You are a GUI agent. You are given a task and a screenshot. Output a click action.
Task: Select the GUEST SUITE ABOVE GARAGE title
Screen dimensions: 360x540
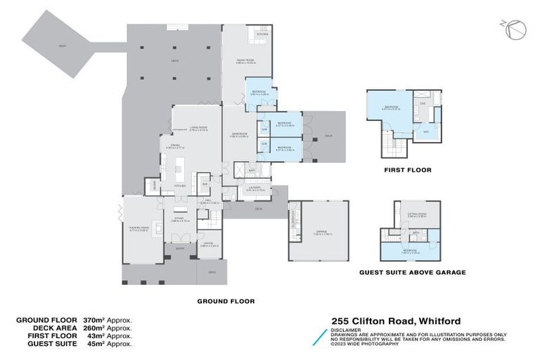coord(412,272)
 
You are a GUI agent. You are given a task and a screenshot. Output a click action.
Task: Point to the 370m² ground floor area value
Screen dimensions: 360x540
coord(95,320)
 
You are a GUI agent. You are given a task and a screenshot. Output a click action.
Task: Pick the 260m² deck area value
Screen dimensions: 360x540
coord(95,328)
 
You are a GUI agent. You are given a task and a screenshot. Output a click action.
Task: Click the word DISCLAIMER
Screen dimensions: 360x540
coord(347,328)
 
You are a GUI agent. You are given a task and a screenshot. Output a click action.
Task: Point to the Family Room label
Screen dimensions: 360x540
coord(245,61)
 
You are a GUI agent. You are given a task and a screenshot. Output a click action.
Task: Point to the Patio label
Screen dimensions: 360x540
coord(63,46)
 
